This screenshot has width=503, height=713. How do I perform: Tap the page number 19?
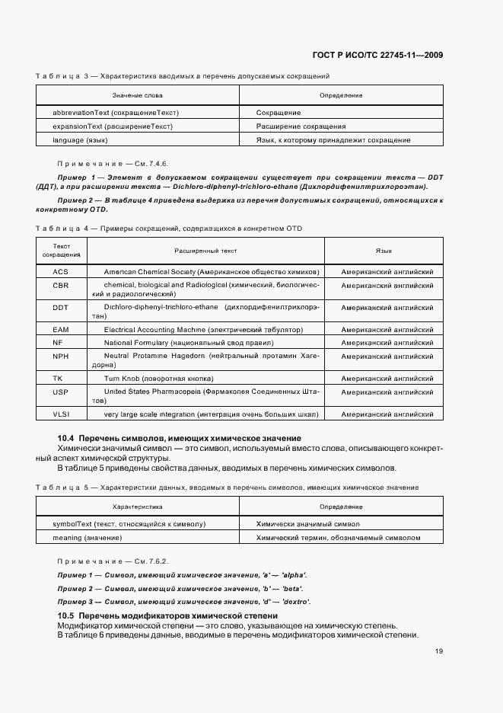click(x=439, y=651)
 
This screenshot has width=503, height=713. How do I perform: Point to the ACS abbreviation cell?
click(x=61, y=271)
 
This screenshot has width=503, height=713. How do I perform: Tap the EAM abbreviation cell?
click(x=61, y=330)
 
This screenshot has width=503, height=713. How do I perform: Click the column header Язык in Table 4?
click(x=384, y=250)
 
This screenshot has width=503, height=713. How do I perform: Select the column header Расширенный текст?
click(x=205, y=250)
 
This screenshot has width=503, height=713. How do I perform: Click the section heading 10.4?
click(x=180, y=438)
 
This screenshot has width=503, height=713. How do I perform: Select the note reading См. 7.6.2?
click(x=113, y=561)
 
